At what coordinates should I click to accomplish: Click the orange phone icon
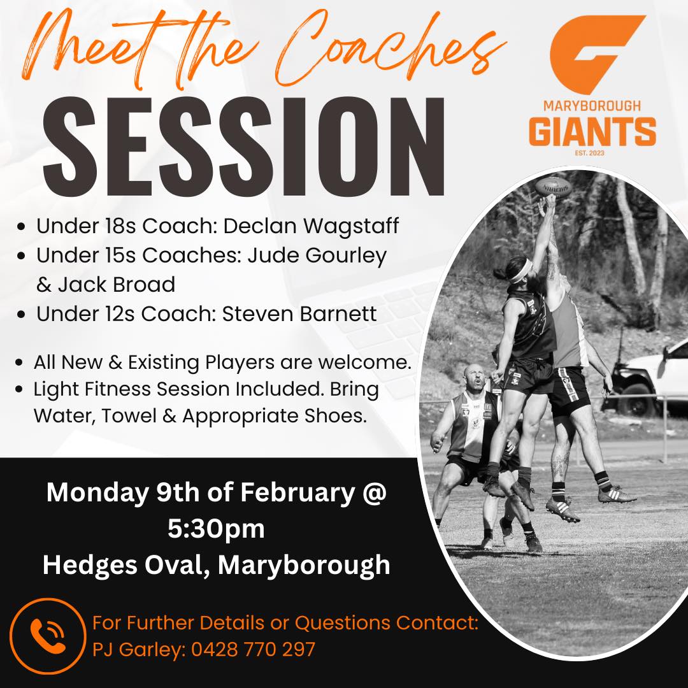(47, 636)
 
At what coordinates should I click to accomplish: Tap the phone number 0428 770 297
(253, 649)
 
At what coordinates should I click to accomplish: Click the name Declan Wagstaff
(311, 226)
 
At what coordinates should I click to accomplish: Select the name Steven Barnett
(299, 313)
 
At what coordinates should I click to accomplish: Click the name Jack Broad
(117, 285)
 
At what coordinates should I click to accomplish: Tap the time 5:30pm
(216, 529)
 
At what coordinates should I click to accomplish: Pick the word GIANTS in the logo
(592, 131)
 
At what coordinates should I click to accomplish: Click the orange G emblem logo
(598, 54)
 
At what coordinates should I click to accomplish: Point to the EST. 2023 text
(589, 153)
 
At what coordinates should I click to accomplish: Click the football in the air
(554, 187)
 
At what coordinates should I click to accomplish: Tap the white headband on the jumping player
(521, 271)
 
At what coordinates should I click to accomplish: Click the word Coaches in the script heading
(391, 49)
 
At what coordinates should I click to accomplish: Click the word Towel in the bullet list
(129, 416)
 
